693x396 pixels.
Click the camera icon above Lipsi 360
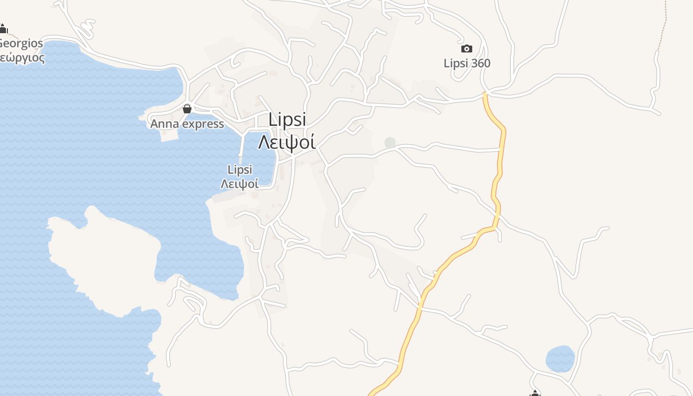tap(466, 49)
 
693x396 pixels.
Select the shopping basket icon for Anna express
tap(187, 109)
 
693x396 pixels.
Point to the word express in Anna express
tap(203, 124)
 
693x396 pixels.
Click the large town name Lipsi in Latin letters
tap(287, 120)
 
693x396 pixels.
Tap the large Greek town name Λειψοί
tap(287, 142)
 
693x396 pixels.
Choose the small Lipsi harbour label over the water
tap(240, 170)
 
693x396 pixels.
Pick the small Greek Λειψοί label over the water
tap(240, 184)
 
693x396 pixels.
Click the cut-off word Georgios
tap(21, 43)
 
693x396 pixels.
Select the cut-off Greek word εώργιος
tap(22, 57)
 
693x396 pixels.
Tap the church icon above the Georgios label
tap(3, 29)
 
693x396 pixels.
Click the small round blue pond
tap(560, 358)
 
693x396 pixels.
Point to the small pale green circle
tap(390, 143)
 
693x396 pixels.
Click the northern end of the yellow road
tap(486, 94)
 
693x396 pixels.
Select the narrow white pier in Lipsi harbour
tap(242, 147)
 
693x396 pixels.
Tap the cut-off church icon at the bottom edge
tap(535, 394)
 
